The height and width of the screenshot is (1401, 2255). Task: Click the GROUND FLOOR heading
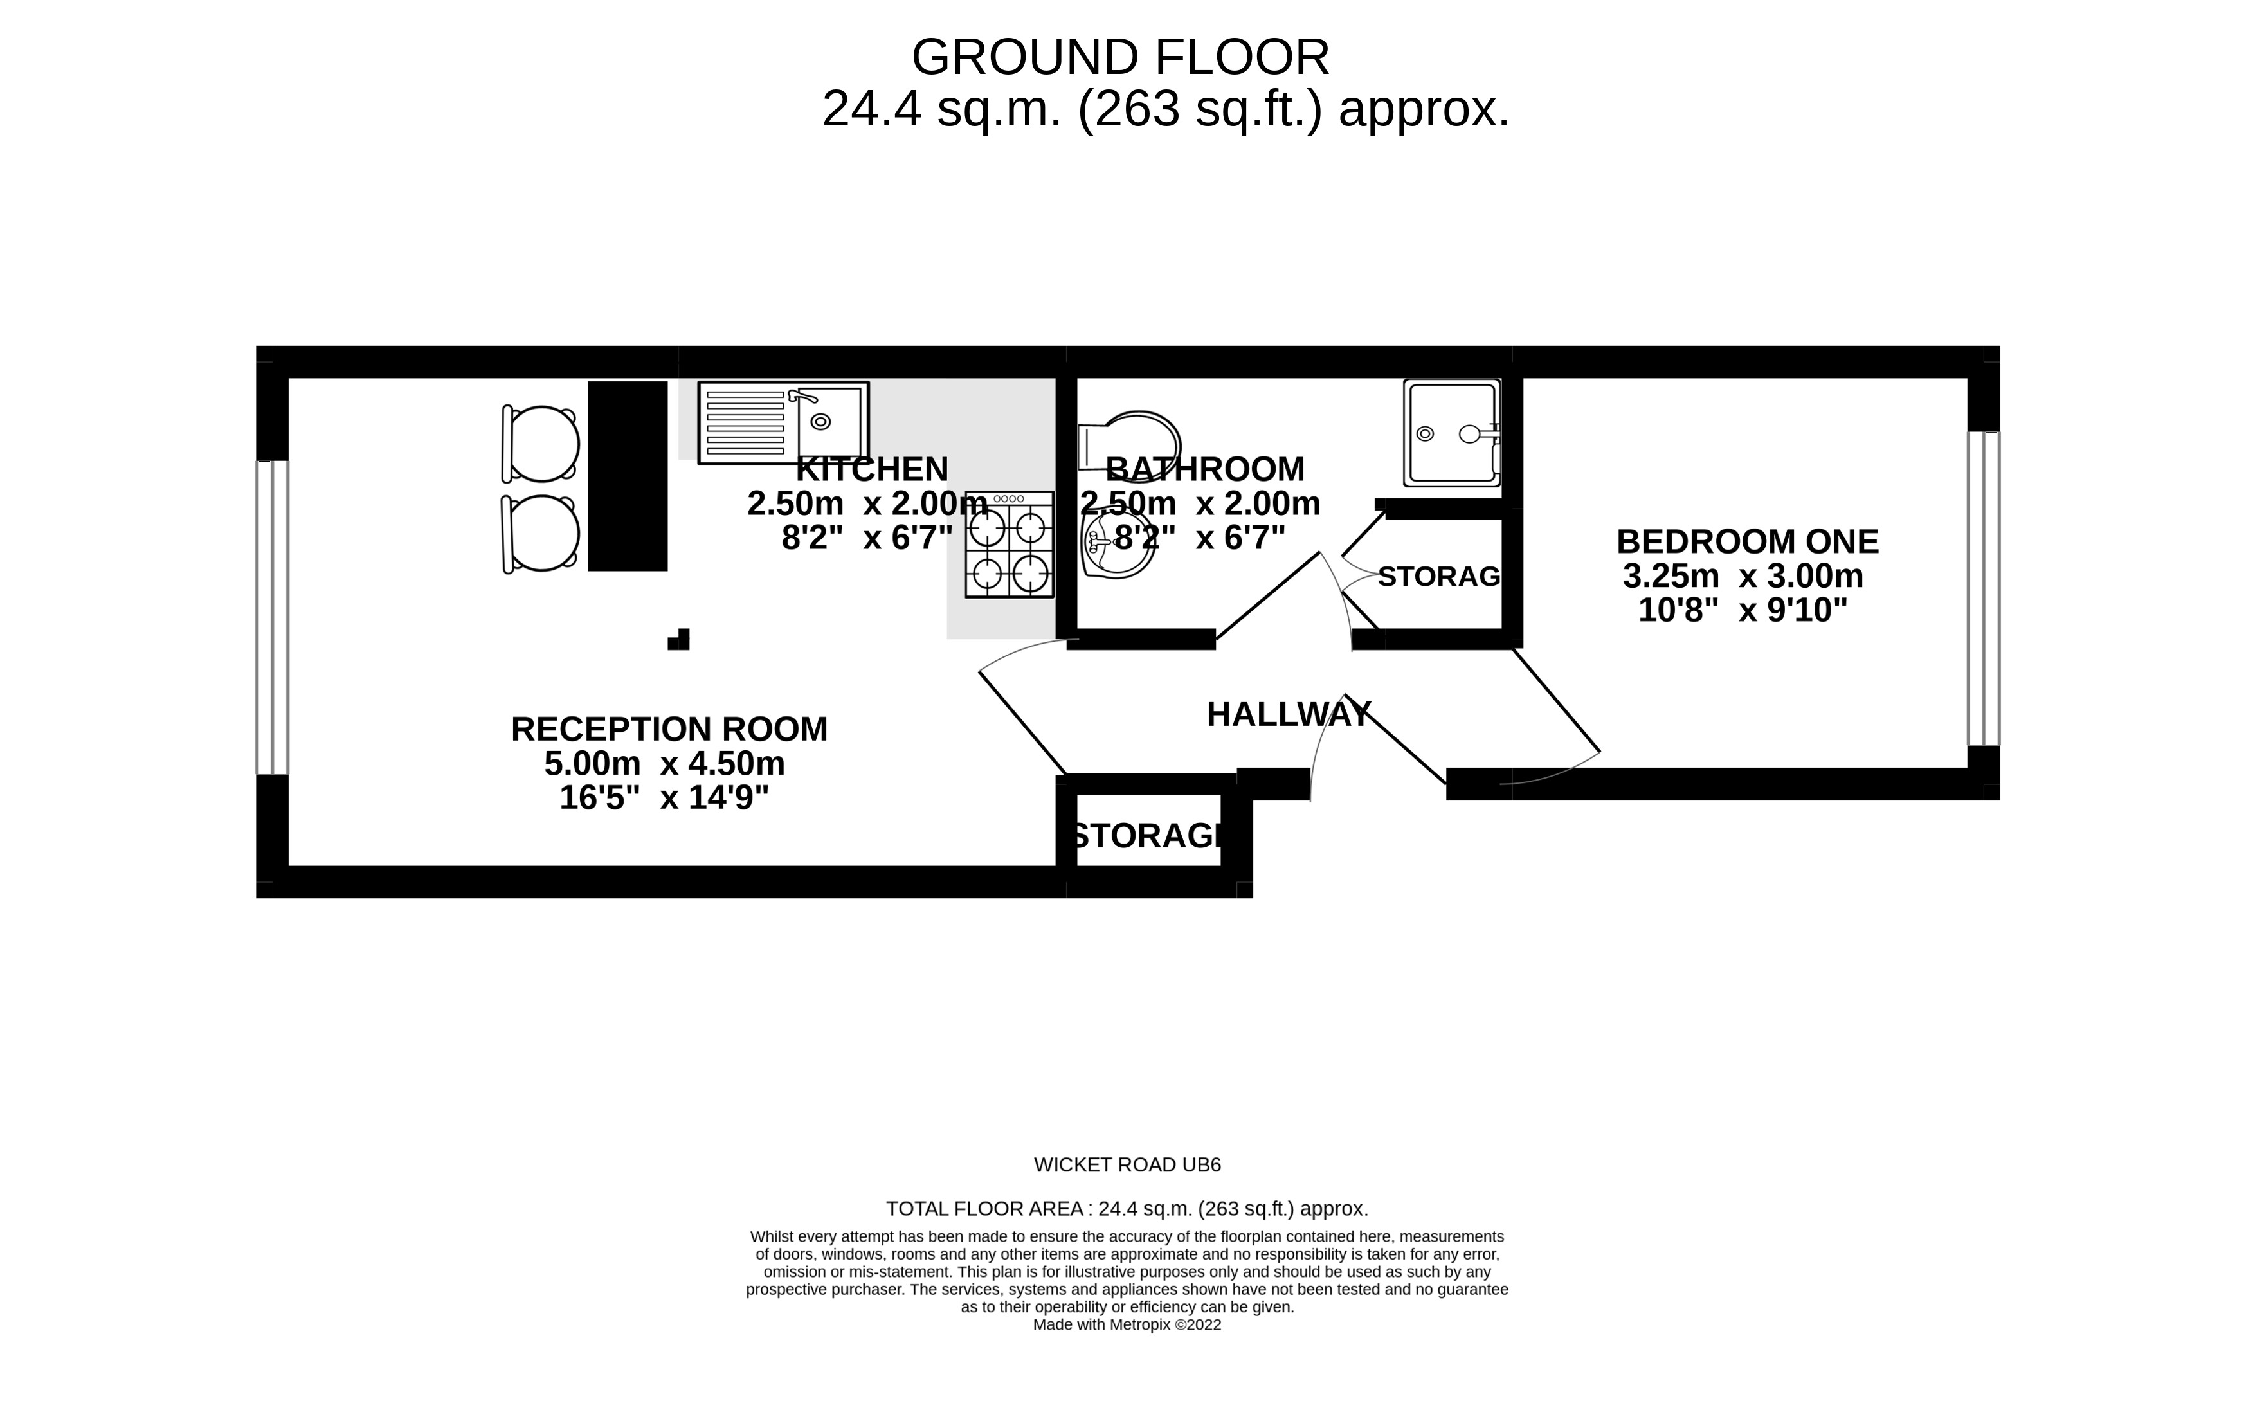[1120, 57]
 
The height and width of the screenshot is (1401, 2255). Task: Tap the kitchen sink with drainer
[783, 422]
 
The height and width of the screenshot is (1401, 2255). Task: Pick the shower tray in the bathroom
[1451, 433]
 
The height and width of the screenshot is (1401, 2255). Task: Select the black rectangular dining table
[627, 476]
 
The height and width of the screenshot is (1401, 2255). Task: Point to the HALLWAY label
[1289, 714]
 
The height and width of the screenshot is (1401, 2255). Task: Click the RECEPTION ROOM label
[669, 729]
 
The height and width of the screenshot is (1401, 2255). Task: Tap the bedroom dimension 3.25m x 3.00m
[1743, 576]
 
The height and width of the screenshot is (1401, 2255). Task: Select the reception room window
[273, 617]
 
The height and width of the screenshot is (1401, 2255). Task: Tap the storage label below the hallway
[1147, 836]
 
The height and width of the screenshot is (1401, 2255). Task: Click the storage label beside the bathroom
[1438, 576]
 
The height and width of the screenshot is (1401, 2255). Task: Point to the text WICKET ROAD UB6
[1127, 1165]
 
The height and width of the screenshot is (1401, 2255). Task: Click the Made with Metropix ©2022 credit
[1127, 1325]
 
